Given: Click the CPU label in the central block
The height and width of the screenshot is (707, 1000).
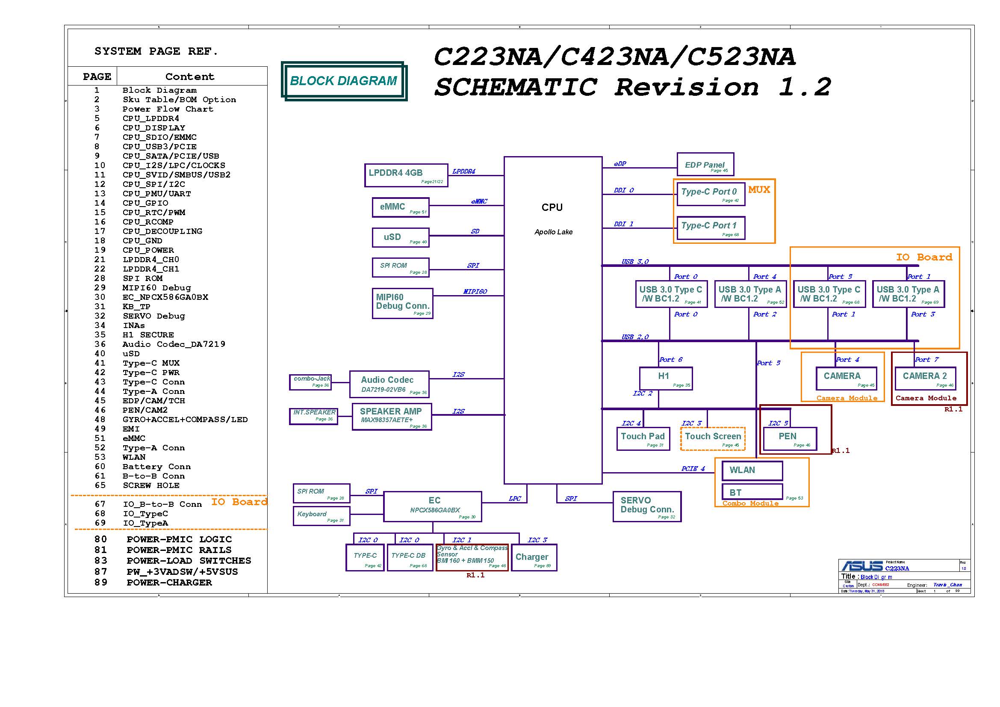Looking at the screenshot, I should (x=552, y=208).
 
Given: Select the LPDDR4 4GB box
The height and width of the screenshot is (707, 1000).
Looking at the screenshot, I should (x=406, y=175).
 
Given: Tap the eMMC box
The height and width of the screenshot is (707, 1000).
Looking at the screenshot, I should (x=400, y=207).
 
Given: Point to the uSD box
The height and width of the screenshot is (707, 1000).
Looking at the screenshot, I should (x=400, y=237).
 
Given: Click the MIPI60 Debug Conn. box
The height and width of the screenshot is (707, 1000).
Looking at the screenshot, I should (x=402, y=303).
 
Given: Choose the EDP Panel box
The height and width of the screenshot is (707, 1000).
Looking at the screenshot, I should (x=705, y=165).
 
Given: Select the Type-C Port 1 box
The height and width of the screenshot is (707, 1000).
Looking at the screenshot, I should (x=711, y=228).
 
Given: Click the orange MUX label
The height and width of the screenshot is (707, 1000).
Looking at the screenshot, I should (x=759, y=190).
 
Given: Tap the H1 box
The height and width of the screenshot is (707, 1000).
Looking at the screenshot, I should (x=665, y=378).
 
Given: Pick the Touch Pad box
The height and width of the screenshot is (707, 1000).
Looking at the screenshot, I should (x=643, y=439).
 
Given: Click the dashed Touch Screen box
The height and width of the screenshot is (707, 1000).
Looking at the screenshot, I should (x=713, y=439).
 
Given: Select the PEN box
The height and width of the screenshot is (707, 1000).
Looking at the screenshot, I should (x=790, y=439).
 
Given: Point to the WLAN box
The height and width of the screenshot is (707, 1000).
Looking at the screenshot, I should (x=752, y=470).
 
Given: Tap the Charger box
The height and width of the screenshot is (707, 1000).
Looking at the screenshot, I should (x=534, y=558).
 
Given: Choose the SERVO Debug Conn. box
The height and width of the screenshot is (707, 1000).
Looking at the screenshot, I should (x=647, y=506).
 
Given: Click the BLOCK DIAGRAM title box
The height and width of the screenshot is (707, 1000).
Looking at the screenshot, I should (x=344, y=81).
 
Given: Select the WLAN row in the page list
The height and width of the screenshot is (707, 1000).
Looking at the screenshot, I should (x=134, y=457).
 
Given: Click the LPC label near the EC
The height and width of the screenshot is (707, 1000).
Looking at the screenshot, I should (x=514, y=499).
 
